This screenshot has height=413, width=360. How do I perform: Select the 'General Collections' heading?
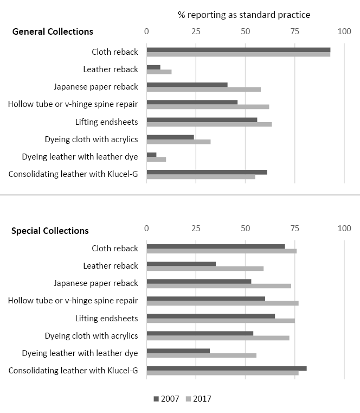[x=53, y=31]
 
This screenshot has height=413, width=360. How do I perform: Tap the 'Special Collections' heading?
[x=50, y=231]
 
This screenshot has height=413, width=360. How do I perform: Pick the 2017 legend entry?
[x=198, y=399]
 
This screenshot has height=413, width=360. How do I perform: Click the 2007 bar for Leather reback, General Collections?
[x=153, y=67]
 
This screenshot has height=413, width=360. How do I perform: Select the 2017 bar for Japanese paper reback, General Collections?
[x=203, y=89]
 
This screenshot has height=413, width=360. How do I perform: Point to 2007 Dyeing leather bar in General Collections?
[x=151, y=155]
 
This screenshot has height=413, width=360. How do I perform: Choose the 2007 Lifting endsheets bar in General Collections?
[x=202, y=120]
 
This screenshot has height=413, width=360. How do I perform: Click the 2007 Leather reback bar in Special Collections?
[x=181, y=264]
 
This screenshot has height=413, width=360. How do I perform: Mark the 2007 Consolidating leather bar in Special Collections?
[x=227, y=368]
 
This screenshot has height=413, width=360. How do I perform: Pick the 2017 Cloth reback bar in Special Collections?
[x=221, y=251]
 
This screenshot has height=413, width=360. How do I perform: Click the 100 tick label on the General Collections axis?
[x=344, y=31]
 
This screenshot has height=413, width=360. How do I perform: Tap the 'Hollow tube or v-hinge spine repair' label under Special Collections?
[x=73, y=301]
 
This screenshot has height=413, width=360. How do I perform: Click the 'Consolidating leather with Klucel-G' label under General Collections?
[x=73, y=174]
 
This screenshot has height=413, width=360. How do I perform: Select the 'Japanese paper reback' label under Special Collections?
[x=96, y=283]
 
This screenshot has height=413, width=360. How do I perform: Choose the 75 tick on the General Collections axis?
[x=295, y=31]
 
